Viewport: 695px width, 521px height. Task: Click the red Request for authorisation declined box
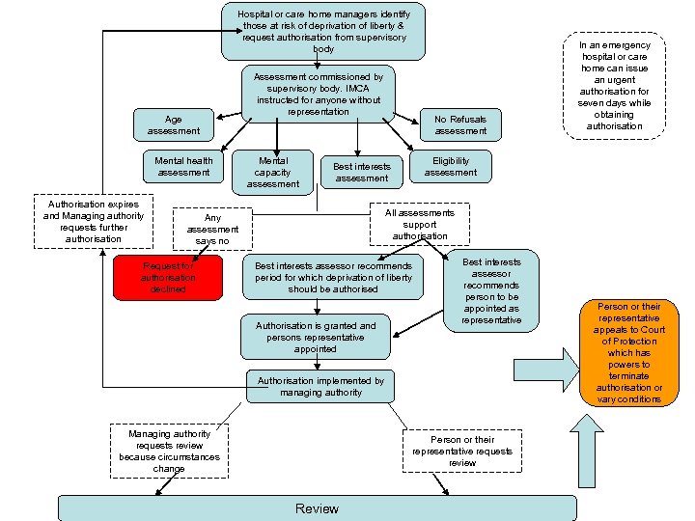[168, 278]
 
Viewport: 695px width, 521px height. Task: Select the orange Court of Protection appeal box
[628, 353]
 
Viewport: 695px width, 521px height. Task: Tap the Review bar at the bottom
[317, 508]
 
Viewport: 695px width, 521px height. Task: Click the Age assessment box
[174, 125]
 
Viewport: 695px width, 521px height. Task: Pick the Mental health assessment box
[183, 166]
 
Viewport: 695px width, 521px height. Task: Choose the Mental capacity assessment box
[274, 171]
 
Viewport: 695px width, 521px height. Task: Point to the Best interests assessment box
[361, 172]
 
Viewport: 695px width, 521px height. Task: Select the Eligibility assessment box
[450, 166]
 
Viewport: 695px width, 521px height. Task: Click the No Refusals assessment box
[460, 124]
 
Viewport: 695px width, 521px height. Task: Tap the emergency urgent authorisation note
[615, 86]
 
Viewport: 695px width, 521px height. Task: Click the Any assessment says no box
[212, 230]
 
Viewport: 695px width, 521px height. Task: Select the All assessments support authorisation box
[420, 224]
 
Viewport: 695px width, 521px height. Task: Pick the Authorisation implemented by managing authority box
[320, 387]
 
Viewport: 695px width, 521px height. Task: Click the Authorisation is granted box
[316, 338]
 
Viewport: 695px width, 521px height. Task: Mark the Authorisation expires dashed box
[93, 222]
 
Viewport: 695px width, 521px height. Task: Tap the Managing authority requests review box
[169, 451]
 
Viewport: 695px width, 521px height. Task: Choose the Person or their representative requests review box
[462, 451]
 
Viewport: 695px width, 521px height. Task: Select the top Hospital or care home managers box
[322, 31]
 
